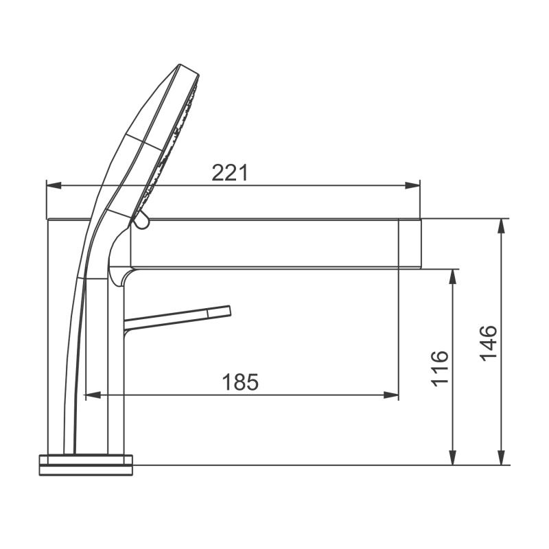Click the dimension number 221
click(229, 173)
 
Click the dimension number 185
click(240, 382)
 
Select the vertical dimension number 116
click(440, 368)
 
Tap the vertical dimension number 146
click(488, 342)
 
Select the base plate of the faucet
click(86, 464)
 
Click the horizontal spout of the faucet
click(274, 243)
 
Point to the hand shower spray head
click(165, 137)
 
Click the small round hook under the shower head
click(141, 220)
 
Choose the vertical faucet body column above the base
click(116, 371)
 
